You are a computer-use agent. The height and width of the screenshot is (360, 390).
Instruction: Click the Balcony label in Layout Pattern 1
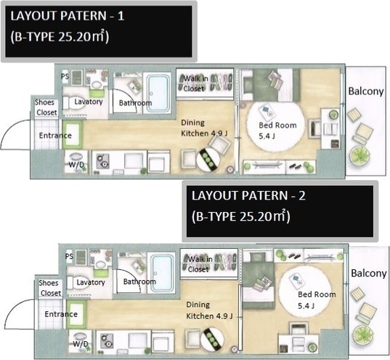click(366, 91)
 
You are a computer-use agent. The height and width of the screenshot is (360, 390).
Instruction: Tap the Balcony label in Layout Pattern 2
click(369, 273)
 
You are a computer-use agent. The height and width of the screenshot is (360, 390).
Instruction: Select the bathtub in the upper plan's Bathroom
click(158, 93)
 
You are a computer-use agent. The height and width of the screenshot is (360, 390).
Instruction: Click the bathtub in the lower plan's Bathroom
click(162, 274)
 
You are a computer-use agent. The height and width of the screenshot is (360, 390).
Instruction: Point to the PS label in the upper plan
click(65, 76)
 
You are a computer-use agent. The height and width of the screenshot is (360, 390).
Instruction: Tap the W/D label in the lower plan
click(81, 344)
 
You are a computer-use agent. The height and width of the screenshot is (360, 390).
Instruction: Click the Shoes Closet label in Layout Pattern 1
click(46, 107)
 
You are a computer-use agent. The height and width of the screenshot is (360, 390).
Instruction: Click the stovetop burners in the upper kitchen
click(102, 161)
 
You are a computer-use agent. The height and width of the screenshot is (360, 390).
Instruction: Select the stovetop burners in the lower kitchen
click(107, 341)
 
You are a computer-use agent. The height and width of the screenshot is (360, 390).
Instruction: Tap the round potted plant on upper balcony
click(359, 156)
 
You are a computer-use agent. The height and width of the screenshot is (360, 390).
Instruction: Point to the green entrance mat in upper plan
click(72, 135)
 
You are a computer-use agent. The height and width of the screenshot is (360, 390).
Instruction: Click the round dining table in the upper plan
click(208, 160)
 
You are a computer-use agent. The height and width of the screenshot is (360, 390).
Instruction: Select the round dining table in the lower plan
click(212, 339)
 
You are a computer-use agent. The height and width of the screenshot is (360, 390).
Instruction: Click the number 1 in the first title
click(121, 16)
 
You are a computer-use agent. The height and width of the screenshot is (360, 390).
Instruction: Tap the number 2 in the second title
click(301, 196)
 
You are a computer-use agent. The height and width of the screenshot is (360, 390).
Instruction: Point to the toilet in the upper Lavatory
click(75, 103)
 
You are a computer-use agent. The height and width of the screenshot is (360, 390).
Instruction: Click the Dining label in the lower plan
click(198, 305)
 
